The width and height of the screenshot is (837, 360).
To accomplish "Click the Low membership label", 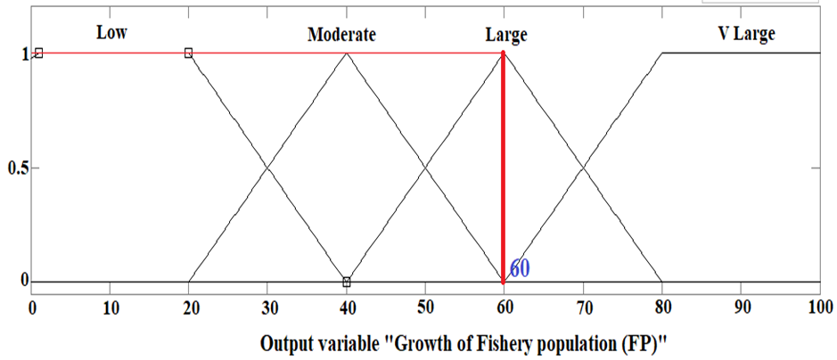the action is pyautogui.click(x=111, y=33).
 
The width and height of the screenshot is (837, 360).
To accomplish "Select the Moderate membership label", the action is pyautogui.click(x=341, y=35).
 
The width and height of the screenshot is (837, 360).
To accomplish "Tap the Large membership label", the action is pyautogui.click(x=506, y=36).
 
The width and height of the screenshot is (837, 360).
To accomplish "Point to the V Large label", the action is pyautogui.click(x=746, y=34).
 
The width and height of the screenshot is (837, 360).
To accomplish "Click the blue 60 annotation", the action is pyautogui.click(x=520, y=268).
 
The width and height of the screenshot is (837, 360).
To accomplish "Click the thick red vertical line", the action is pyautogui.click(x=503, y=168).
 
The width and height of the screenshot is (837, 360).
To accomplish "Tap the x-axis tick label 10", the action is pyautogui.click(x=110, y=307).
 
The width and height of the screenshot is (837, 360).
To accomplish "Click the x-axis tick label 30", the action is pyautogui.click(x=267, y=307).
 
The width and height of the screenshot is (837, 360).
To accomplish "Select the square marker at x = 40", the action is pyautogui.click(x=347, y=282).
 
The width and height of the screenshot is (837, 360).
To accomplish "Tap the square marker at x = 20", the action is pyautogui.click(x=188, y=53).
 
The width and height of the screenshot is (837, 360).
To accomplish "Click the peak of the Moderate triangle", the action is pyautogui.click(x=347, y=53).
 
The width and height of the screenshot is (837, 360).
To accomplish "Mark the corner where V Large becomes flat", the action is pyautogui.click(x=662, y=53).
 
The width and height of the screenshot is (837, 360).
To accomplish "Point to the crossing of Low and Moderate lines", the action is pyautogui.click(x=267, y=168).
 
